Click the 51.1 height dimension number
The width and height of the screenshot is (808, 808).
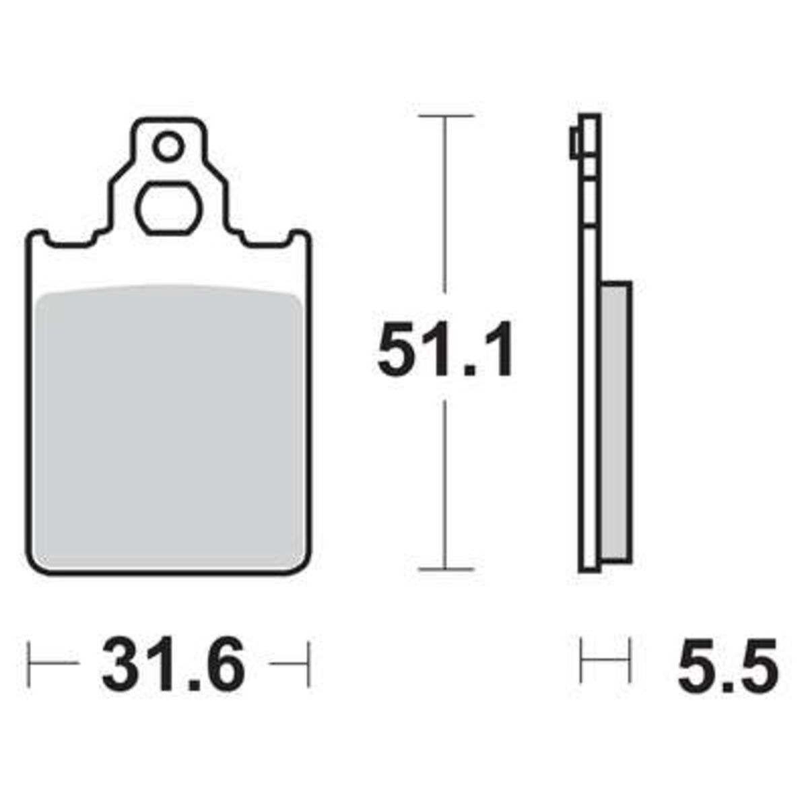(x=444, y=348)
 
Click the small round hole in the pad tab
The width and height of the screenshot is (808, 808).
(x=168, y=146)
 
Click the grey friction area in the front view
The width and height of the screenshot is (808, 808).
(x=170, y=426)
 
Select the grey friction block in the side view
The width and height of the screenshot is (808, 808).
(x=616, y=422)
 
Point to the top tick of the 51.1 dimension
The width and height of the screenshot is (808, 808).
(x=445, y=116)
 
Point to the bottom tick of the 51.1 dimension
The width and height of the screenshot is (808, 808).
(x=445, y=570)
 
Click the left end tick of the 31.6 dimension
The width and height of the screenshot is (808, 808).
(x=28, y=663)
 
